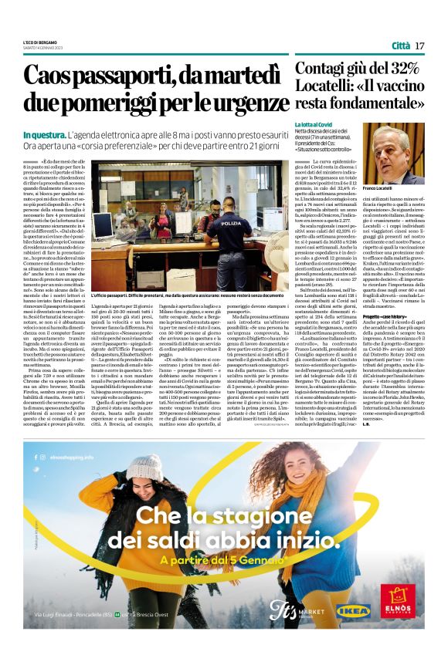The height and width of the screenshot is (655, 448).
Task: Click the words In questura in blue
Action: click(46, 136)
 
